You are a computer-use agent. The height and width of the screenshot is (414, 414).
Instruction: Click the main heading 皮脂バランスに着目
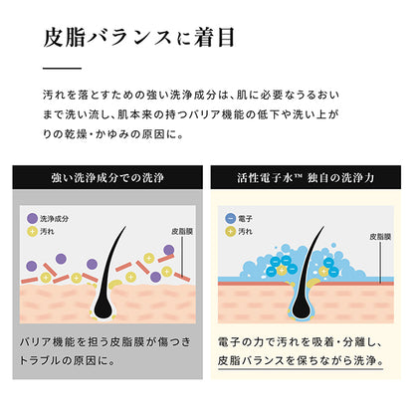click(x=139, y=37)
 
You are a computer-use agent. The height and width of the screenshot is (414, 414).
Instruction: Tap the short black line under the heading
click(x=62, y=69)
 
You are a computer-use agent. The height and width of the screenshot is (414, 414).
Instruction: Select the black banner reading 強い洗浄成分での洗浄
click(x=107, y=177)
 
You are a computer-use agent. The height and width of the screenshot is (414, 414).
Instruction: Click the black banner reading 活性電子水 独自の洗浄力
click(x=306, y=177)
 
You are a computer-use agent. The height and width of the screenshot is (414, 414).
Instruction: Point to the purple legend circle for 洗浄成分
click(x=32, y=219)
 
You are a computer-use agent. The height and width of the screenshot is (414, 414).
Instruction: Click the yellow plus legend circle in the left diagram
click(x=32, y=232)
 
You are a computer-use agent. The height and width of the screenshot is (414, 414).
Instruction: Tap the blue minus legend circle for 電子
click(x=230, y=219)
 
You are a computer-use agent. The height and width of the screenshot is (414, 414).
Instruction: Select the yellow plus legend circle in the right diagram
click(x=230, y=232)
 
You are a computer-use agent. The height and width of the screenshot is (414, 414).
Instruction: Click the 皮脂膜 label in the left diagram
click(x=182, y=232)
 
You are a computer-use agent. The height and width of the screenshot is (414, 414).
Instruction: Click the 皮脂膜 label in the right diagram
click(x=380, y=237)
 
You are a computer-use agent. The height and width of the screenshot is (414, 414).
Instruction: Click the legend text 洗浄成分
click(x=55, y=219)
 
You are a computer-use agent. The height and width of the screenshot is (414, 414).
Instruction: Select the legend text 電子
click(x=245, y=219)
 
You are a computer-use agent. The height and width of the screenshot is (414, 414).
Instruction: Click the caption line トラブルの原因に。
click(x=67, y=360)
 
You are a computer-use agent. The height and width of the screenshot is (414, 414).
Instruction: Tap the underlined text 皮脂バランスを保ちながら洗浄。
click(x=301, y=360)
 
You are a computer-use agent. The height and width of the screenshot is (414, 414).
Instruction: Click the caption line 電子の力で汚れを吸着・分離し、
click(x=301, y=342)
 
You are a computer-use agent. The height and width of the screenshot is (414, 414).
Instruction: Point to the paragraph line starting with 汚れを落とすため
click(x=191, y=96)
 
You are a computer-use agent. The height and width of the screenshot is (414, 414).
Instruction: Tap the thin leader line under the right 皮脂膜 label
click(x=380, y=263)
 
